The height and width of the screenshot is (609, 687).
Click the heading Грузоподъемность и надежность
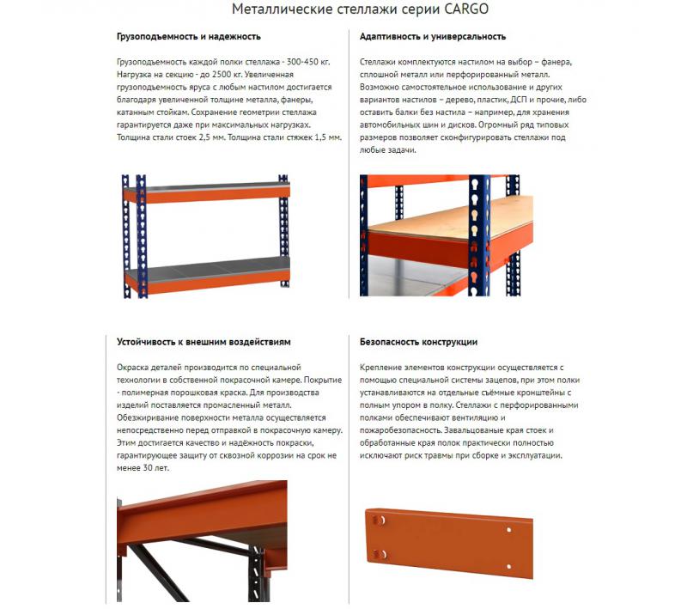[189, 37]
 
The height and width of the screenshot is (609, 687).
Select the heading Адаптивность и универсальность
[433, 37]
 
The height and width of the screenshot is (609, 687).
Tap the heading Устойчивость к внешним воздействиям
[204, 342]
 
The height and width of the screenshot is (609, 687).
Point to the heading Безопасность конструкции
[418, 342]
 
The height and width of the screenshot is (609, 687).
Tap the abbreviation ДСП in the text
[526, 100]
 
